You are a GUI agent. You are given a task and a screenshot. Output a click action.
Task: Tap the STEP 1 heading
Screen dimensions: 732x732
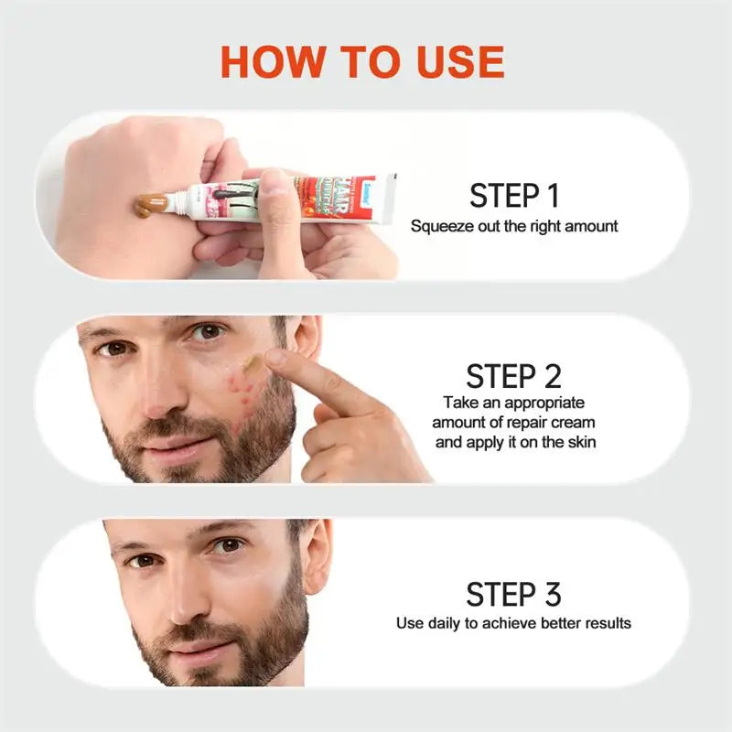tap(513, 195)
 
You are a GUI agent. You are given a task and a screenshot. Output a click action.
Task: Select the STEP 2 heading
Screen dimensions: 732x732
tap(513, 376)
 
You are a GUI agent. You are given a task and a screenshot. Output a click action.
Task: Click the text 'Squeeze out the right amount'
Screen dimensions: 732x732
tap(514, 225)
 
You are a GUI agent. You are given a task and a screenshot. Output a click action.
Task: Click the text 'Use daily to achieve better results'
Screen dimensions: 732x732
tap(513, 623)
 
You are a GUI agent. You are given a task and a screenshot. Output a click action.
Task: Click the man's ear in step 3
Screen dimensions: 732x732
tap(317, 554)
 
